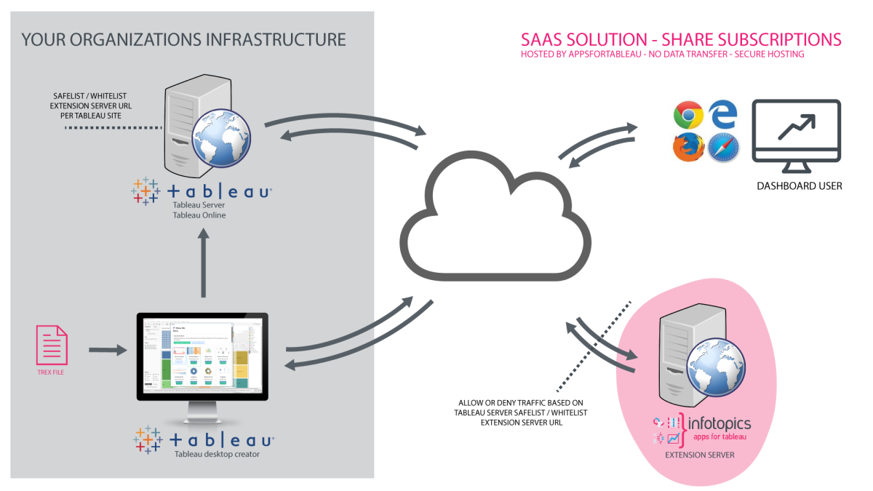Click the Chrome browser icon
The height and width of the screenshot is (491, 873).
(687, 114)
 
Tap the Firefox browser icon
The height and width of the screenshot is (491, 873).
(687, 148)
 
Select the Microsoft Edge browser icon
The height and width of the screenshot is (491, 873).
(723, 113)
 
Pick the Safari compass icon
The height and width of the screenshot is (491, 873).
(723, 148)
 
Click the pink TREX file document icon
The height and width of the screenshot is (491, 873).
(52, 345)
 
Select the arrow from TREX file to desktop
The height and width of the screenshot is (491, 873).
(107, 351)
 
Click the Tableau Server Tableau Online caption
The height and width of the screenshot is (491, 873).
(199, 210)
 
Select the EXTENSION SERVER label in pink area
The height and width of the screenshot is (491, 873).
(700, 455)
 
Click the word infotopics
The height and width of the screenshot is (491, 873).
(719, 423)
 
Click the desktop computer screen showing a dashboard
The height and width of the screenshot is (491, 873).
(202, 356)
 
